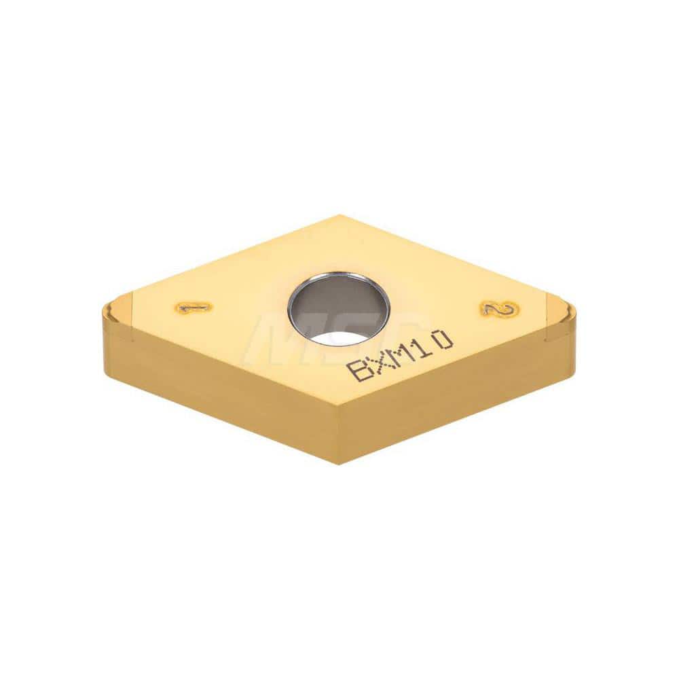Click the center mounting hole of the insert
tap(338, 310)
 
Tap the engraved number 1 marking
tap(193, 308)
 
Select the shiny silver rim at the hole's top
tap(338, 277)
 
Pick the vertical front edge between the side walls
tap(337, 435)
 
